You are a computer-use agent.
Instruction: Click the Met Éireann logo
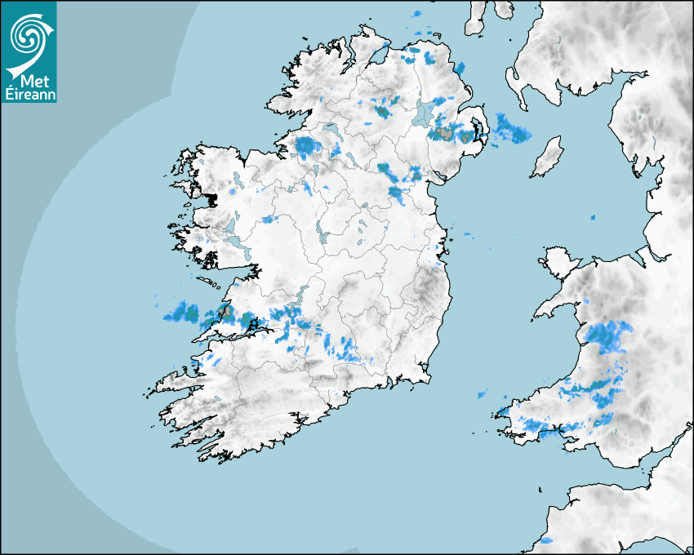click(x=29, y=51)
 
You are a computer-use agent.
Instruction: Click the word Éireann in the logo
click(x=29, y=93)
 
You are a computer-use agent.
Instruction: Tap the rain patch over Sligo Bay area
click(x=306, y=147)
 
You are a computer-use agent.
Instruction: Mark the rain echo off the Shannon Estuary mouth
click(x=181, y=312)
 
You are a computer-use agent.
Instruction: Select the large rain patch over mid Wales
click(x=608, y=335)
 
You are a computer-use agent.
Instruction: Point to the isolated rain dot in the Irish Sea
click(x=593, y=218)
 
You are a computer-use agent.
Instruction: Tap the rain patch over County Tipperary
click(x=343, y=349)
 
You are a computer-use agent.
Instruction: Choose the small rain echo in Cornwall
click(x=545, y=540)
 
